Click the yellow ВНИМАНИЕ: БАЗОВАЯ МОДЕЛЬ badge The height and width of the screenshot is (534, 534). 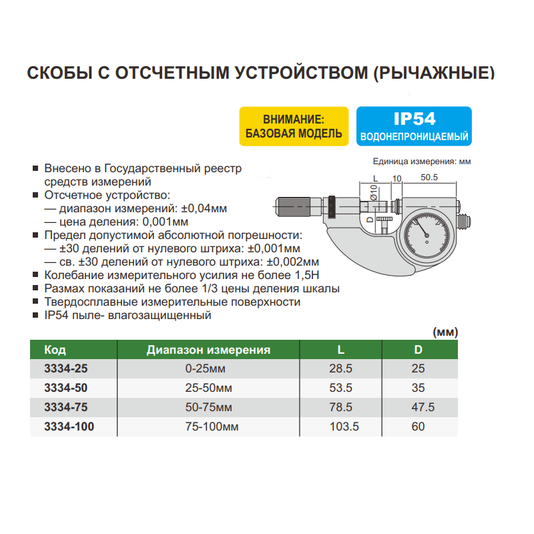(293, 126)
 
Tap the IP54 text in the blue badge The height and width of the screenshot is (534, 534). (414, 119)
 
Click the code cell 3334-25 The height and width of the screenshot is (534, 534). (65, 368)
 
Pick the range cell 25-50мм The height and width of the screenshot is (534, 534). (209, 387)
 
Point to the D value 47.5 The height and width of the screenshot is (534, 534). (419, 407)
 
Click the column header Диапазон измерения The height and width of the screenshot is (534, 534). (208, 349)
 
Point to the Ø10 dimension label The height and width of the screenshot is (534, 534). (374, 193)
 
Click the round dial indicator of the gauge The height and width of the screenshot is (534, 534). (426, 231)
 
